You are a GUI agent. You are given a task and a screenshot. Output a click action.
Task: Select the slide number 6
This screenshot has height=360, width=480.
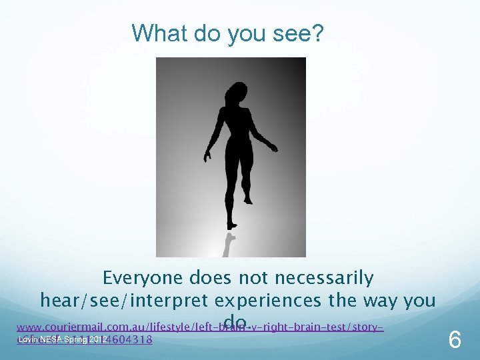pos(455,341)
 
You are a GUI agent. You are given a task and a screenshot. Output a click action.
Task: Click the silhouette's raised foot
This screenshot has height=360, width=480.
pos(248,199)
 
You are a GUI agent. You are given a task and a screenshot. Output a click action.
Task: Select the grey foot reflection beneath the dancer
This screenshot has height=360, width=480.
pos(229,244)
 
